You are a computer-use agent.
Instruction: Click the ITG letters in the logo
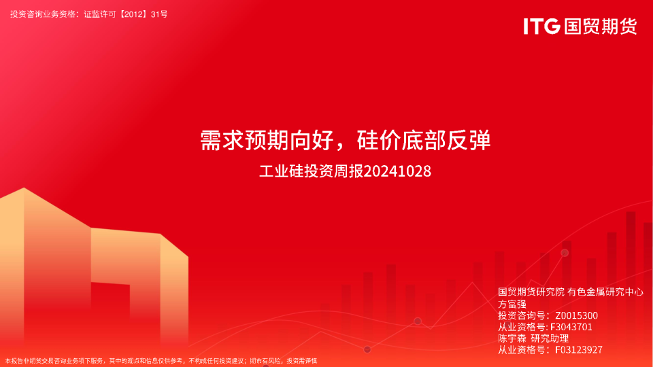[541, 27]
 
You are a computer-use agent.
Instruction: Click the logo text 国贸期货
[601, 27]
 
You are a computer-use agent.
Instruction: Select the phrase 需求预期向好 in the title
[267, 140]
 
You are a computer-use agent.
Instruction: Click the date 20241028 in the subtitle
[397, 171]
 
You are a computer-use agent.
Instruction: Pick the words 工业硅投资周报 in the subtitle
[312, 171]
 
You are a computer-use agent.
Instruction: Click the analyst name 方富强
[512, 304]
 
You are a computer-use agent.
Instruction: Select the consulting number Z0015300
[576, 315]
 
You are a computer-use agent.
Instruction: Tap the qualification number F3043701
[571, 327]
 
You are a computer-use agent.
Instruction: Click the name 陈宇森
[512, 338]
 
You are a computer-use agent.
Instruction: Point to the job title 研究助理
[550, 338]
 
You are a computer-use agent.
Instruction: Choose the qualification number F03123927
[579, 350]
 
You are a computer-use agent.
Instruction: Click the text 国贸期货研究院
[531, 292]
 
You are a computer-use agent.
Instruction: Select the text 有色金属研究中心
[605, 292]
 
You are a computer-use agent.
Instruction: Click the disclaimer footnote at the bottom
[161, 361]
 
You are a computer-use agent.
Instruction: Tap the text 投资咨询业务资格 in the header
[43, 14]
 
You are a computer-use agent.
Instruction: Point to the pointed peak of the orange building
[24, 188]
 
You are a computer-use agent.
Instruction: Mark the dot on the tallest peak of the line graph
[565, 253]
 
